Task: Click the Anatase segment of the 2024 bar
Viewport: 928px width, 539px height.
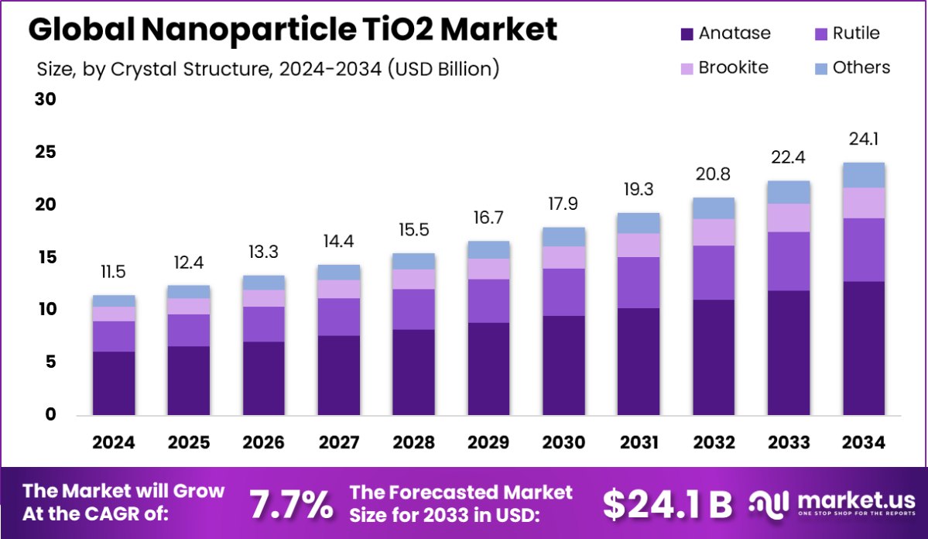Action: click(x=114, y=383)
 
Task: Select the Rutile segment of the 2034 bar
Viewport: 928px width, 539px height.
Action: click(x=864, y=249)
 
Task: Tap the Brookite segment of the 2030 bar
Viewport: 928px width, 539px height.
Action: click(x=564, y=257)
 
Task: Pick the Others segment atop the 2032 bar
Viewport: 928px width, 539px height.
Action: click(x=714, y=208)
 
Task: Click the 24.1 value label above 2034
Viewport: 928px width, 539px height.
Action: click(x=864, y=139)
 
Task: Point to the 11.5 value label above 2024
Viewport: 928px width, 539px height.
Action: click(x=114, y=272)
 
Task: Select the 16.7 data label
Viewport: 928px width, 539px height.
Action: click(x=488, y=218)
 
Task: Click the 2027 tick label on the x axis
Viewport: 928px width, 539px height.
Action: click(x=339, y=442)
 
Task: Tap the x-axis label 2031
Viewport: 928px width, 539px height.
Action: click(x=639, y=442)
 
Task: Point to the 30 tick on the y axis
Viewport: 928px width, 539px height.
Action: click(x=45, y=100)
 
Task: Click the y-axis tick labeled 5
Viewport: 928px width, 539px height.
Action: click(x=50, y=362)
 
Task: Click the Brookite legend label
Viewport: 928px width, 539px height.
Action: click(x=733, y=67)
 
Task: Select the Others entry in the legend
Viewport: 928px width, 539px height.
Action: click(x=861, y=67)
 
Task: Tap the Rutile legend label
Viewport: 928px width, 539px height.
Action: click(x=856, y=33)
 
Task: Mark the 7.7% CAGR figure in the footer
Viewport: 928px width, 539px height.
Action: click(x=291, y=504)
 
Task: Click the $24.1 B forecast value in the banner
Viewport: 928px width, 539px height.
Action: click(x=667, y=504)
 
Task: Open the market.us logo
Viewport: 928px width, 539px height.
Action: click(x=830, y=504)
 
